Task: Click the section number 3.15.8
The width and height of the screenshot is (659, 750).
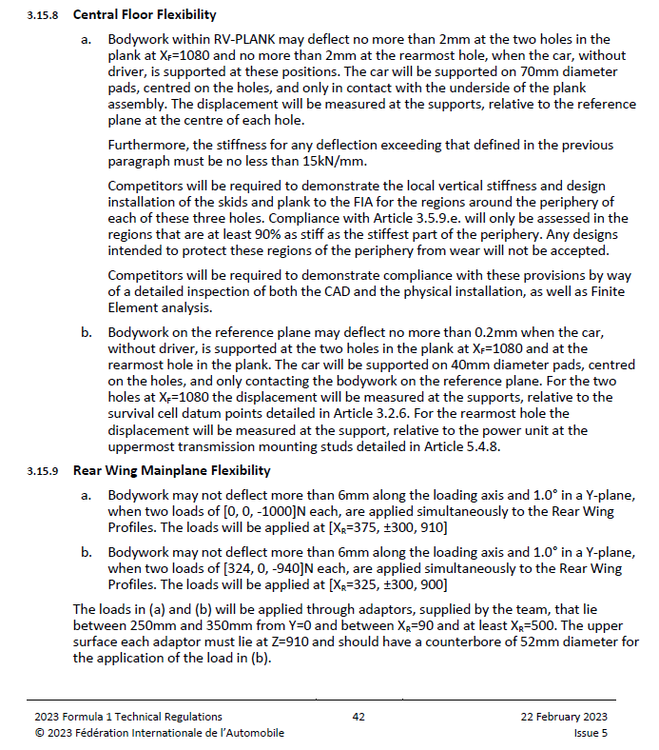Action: (x=44, y=15)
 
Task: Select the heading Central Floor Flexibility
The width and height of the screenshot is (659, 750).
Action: (x=145, y=15)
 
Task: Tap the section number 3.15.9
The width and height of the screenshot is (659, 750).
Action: (x=44, y=470)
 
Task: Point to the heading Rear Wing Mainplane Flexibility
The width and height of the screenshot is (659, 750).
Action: (x=171, y=470)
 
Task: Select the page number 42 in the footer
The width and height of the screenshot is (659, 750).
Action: (x=359, y=717)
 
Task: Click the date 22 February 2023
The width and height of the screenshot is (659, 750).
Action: (x=564, y=717)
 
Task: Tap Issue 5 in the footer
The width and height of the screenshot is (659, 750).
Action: (x=591, y=733)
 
